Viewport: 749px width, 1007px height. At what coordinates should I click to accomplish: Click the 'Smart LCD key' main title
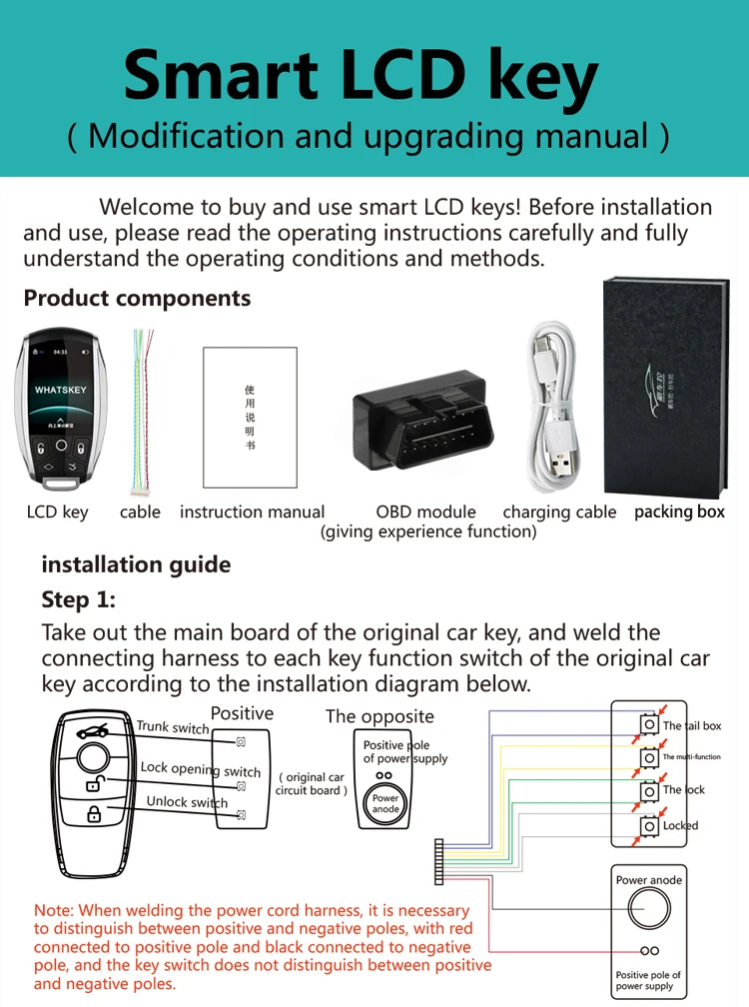click(361, 77)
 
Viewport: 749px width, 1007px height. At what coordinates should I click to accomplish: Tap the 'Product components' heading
click(137, 298)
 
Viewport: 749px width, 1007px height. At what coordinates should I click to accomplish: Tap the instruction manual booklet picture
click(250, 417)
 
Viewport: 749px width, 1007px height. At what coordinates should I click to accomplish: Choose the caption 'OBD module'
click(426, 511)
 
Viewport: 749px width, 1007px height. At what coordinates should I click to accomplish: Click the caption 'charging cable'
click(559, 511)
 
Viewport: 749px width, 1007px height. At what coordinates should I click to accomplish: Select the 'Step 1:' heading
click(78, 599)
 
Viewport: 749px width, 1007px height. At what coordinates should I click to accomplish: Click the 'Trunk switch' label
click(173, 727)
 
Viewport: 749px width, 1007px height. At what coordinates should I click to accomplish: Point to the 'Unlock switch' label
click(187, 802)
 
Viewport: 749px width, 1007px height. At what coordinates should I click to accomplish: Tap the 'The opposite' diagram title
click(379, 716)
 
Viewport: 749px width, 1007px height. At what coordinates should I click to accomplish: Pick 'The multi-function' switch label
click(691, 757)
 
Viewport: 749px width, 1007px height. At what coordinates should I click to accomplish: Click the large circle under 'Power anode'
click(648, 910)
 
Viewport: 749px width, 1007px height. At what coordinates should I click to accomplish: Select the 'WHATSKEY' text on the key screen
click(61, 389)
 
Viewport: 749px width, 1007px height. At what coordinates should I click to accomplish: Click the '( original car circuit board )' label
click(312, 783)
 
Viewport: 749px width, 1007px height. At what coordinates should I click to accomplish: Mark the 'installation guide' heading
click(136, 564)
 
